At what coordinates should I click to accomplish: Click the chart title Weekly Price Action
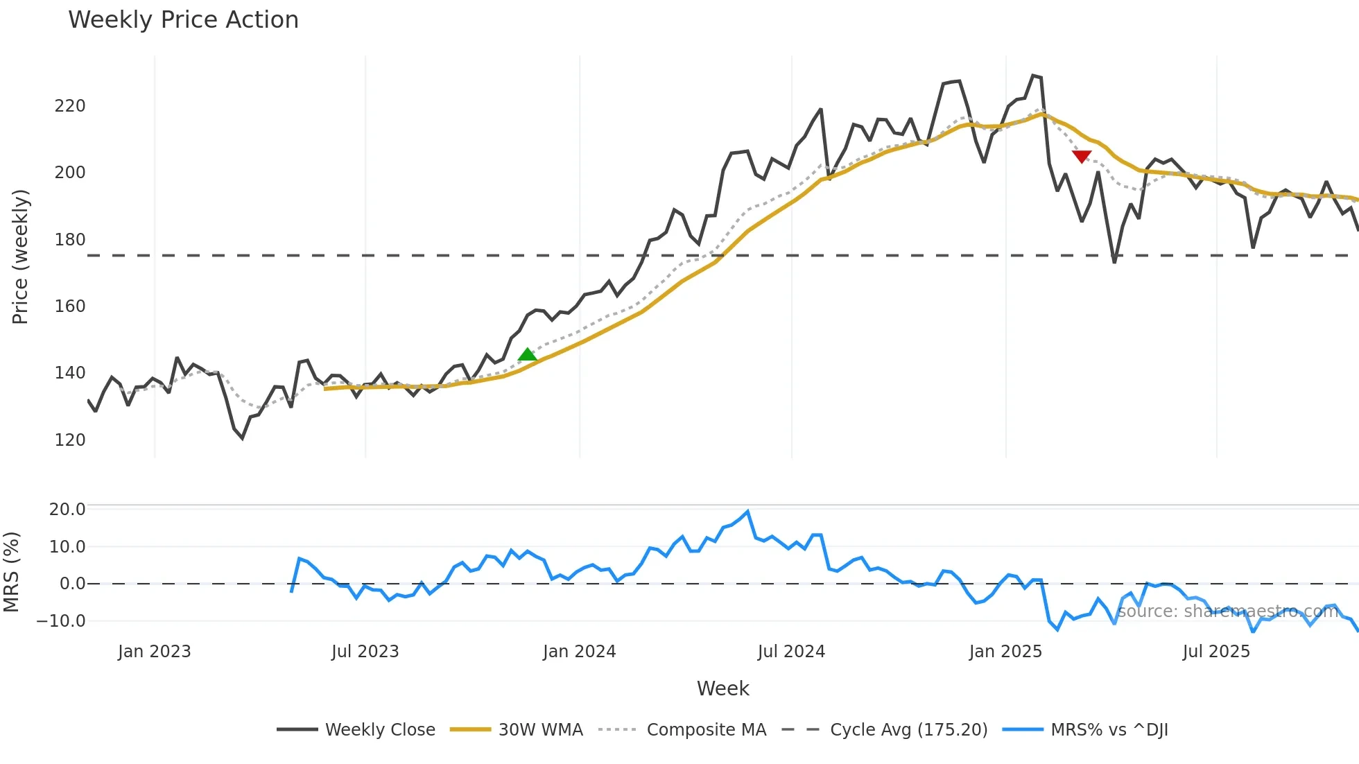pos(183,20)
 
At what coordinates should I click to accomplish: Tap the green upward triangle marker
pos(527,355)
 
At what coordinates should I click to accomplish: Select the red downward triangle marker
pos(1082,157)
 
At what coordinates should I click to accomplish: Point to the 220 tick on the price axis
pos(70,106)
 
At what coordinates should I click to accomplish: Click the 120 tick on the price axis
pos(70,440)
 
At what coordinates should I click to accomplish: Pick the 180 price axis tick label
pos(70,240)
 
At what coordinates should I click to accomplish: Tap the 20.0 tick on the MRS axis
pos(67,510)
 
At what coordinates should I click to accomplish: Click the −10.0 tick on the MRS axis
pos(61,621)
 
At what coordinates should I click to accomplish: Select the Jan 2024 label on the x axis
pos(579,652)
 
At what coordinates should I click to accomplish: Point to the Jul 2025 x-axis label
pos(1216,652)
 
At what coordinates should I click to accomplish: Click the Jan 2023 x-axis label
pos(154,652)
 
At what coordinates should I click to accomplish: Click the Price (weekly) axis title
pos(20,257)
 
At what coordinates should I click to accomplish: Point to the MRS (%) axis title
pos(12,572)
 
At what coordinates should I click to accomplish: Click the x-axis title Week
pos(722,688)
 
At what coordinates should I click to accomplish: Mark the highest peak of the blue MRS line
pos(747,512)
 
